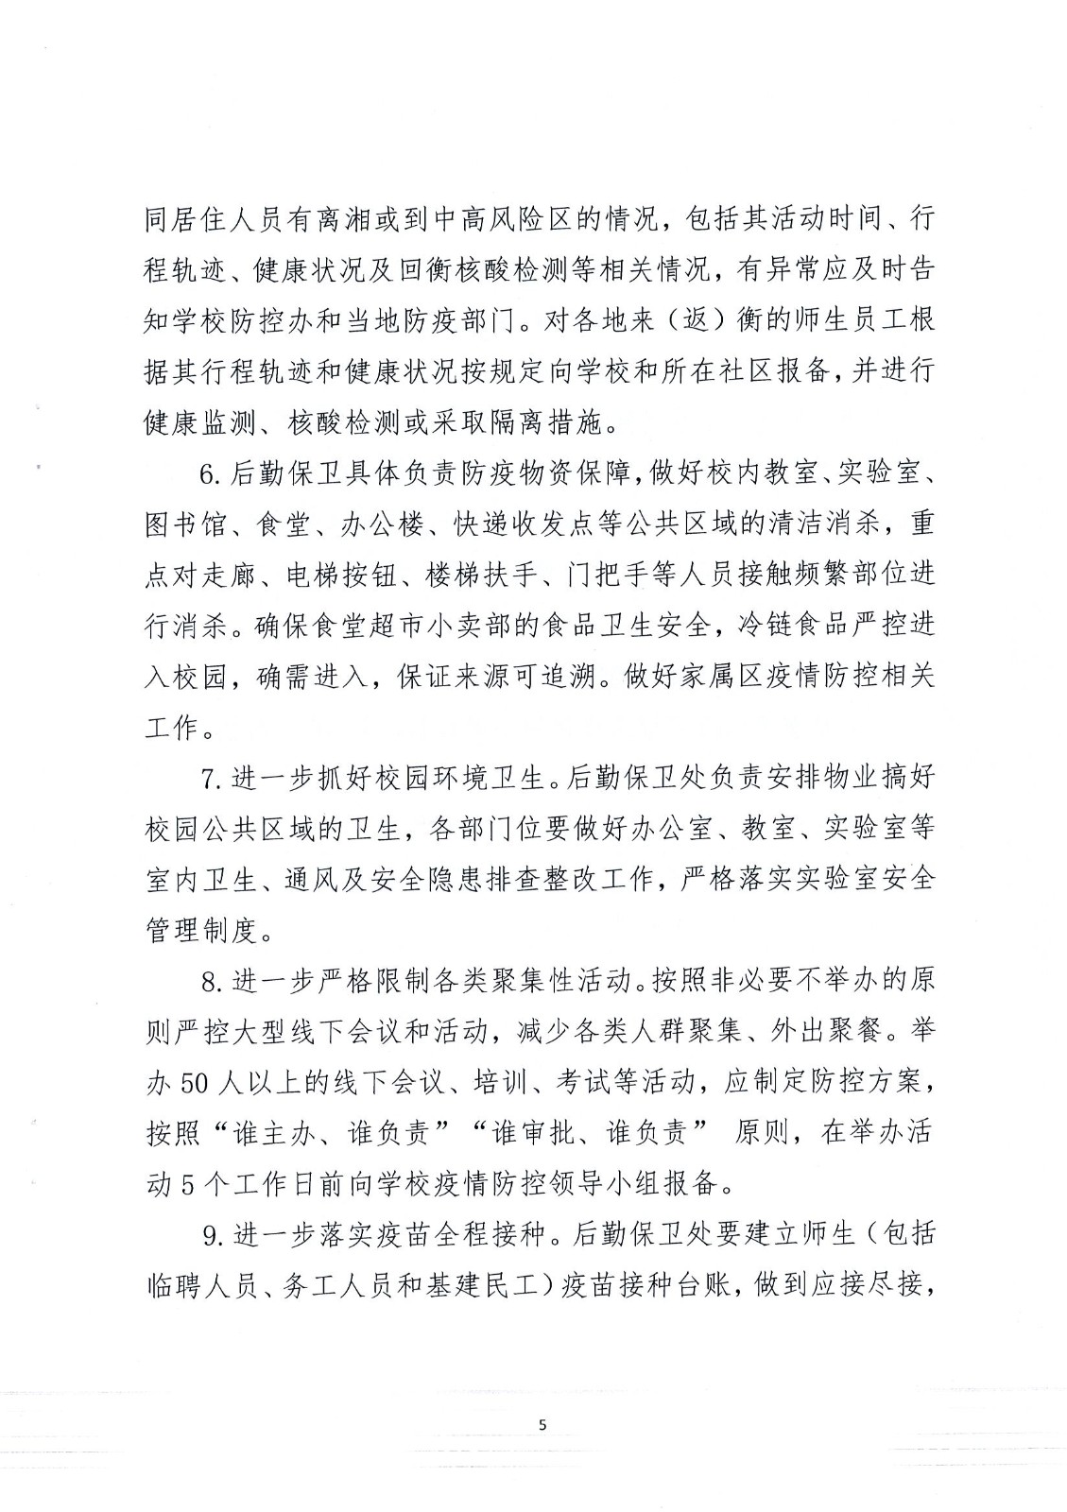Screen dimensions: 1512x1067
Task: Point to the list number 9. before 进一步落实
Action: pyautogui.click(x=214, y=1235)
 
